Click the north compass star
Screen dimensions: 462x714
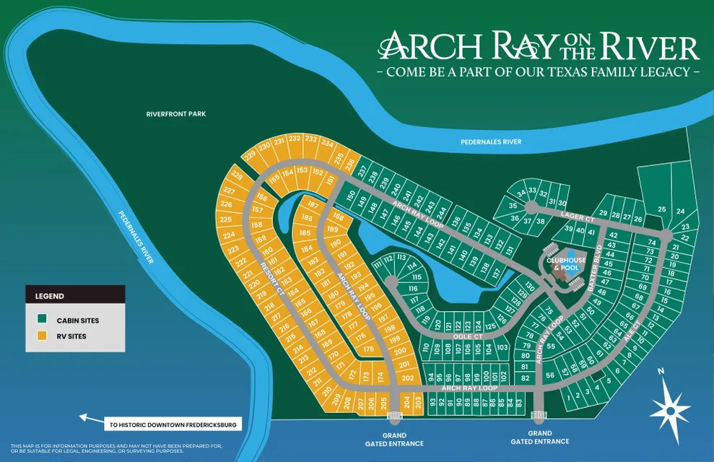tap(670, 409)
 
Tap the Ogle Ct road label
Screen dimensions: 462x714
tap(469, 336)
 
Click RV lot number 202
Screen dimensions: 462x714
tap(407, 378)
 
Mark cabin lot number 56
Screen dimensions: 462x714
tap(551, 375)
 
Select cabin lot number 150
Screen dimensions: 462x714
tap(351, 196)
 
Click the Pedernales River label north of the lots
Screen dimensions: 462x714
tap(491, 142)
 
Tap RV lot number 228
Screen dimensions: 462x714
tap(236, 175)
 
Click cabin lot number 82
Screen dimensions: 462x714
tap(526, 378)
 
